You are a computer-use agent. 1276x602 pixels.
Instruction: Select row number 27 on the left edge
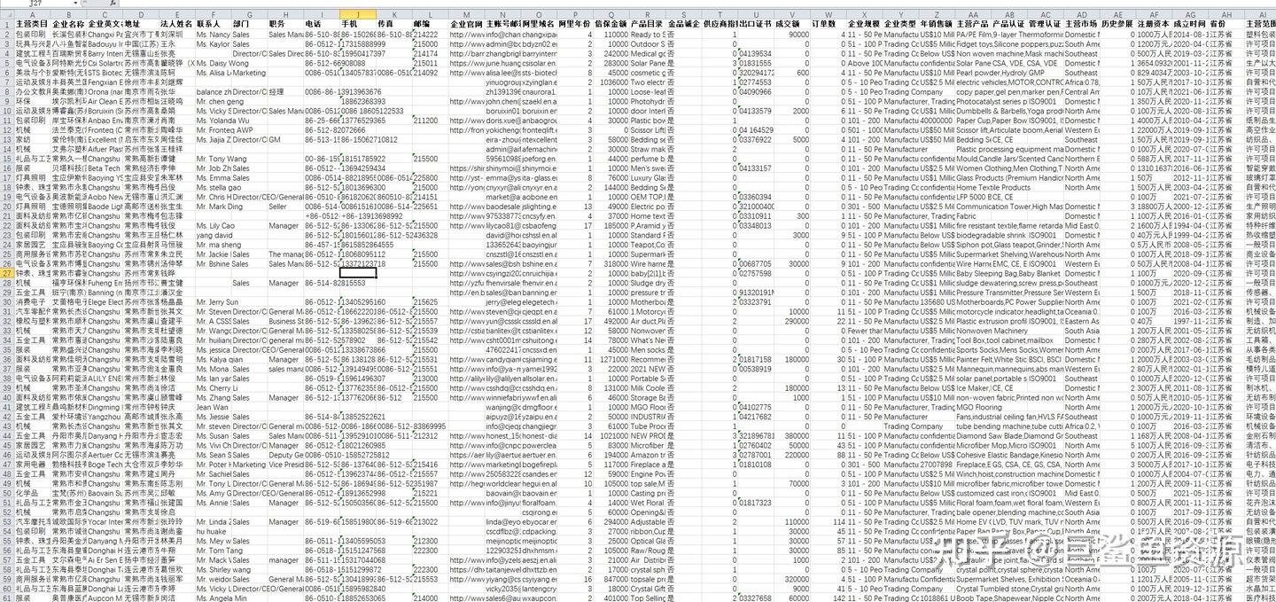coord(7,273)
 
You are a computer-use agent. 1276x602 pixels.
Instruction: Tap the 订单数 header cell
coord(823,24)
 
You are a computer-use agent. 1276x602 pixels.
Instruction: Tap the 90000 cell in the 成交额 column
coord(797,34)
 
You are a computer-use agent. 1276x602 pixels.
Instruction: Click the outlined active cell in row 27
coord(358,273)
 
